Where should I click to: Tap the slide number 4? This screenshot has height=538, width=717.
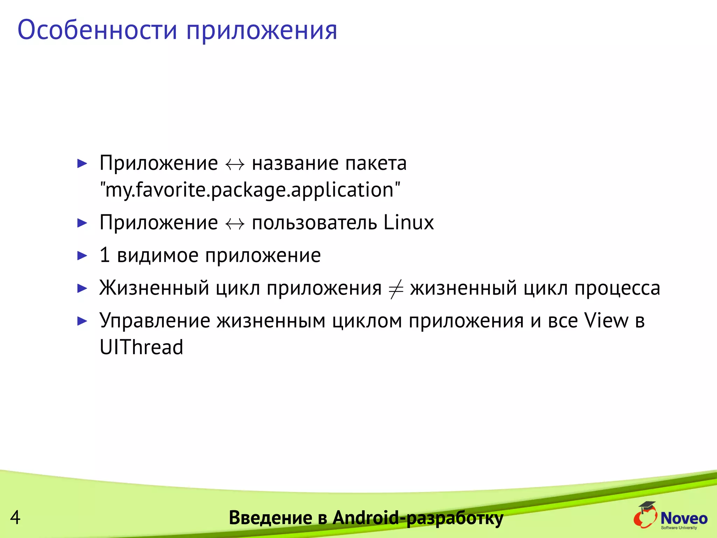click(x=15, y=517)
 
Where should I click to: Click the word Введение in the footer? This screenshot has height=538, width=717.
click(x=270, y=518)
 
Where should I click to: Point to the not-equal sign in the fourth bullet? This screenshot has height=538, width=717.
click(x=396, y=289)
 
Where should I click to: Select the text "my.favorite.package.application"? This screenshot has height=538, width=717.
click(x=250, y=190)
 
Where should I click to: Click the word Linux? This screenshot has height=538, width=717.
click(x=409, y=222)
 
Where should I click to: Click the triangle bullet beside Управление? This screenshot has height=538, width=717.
click(x=82, y=321)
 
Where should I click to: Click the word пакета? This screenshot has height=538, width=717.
click(x=376, y=164)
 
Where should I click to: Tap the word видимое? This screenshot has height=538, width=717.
click(x=158, y=256)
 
